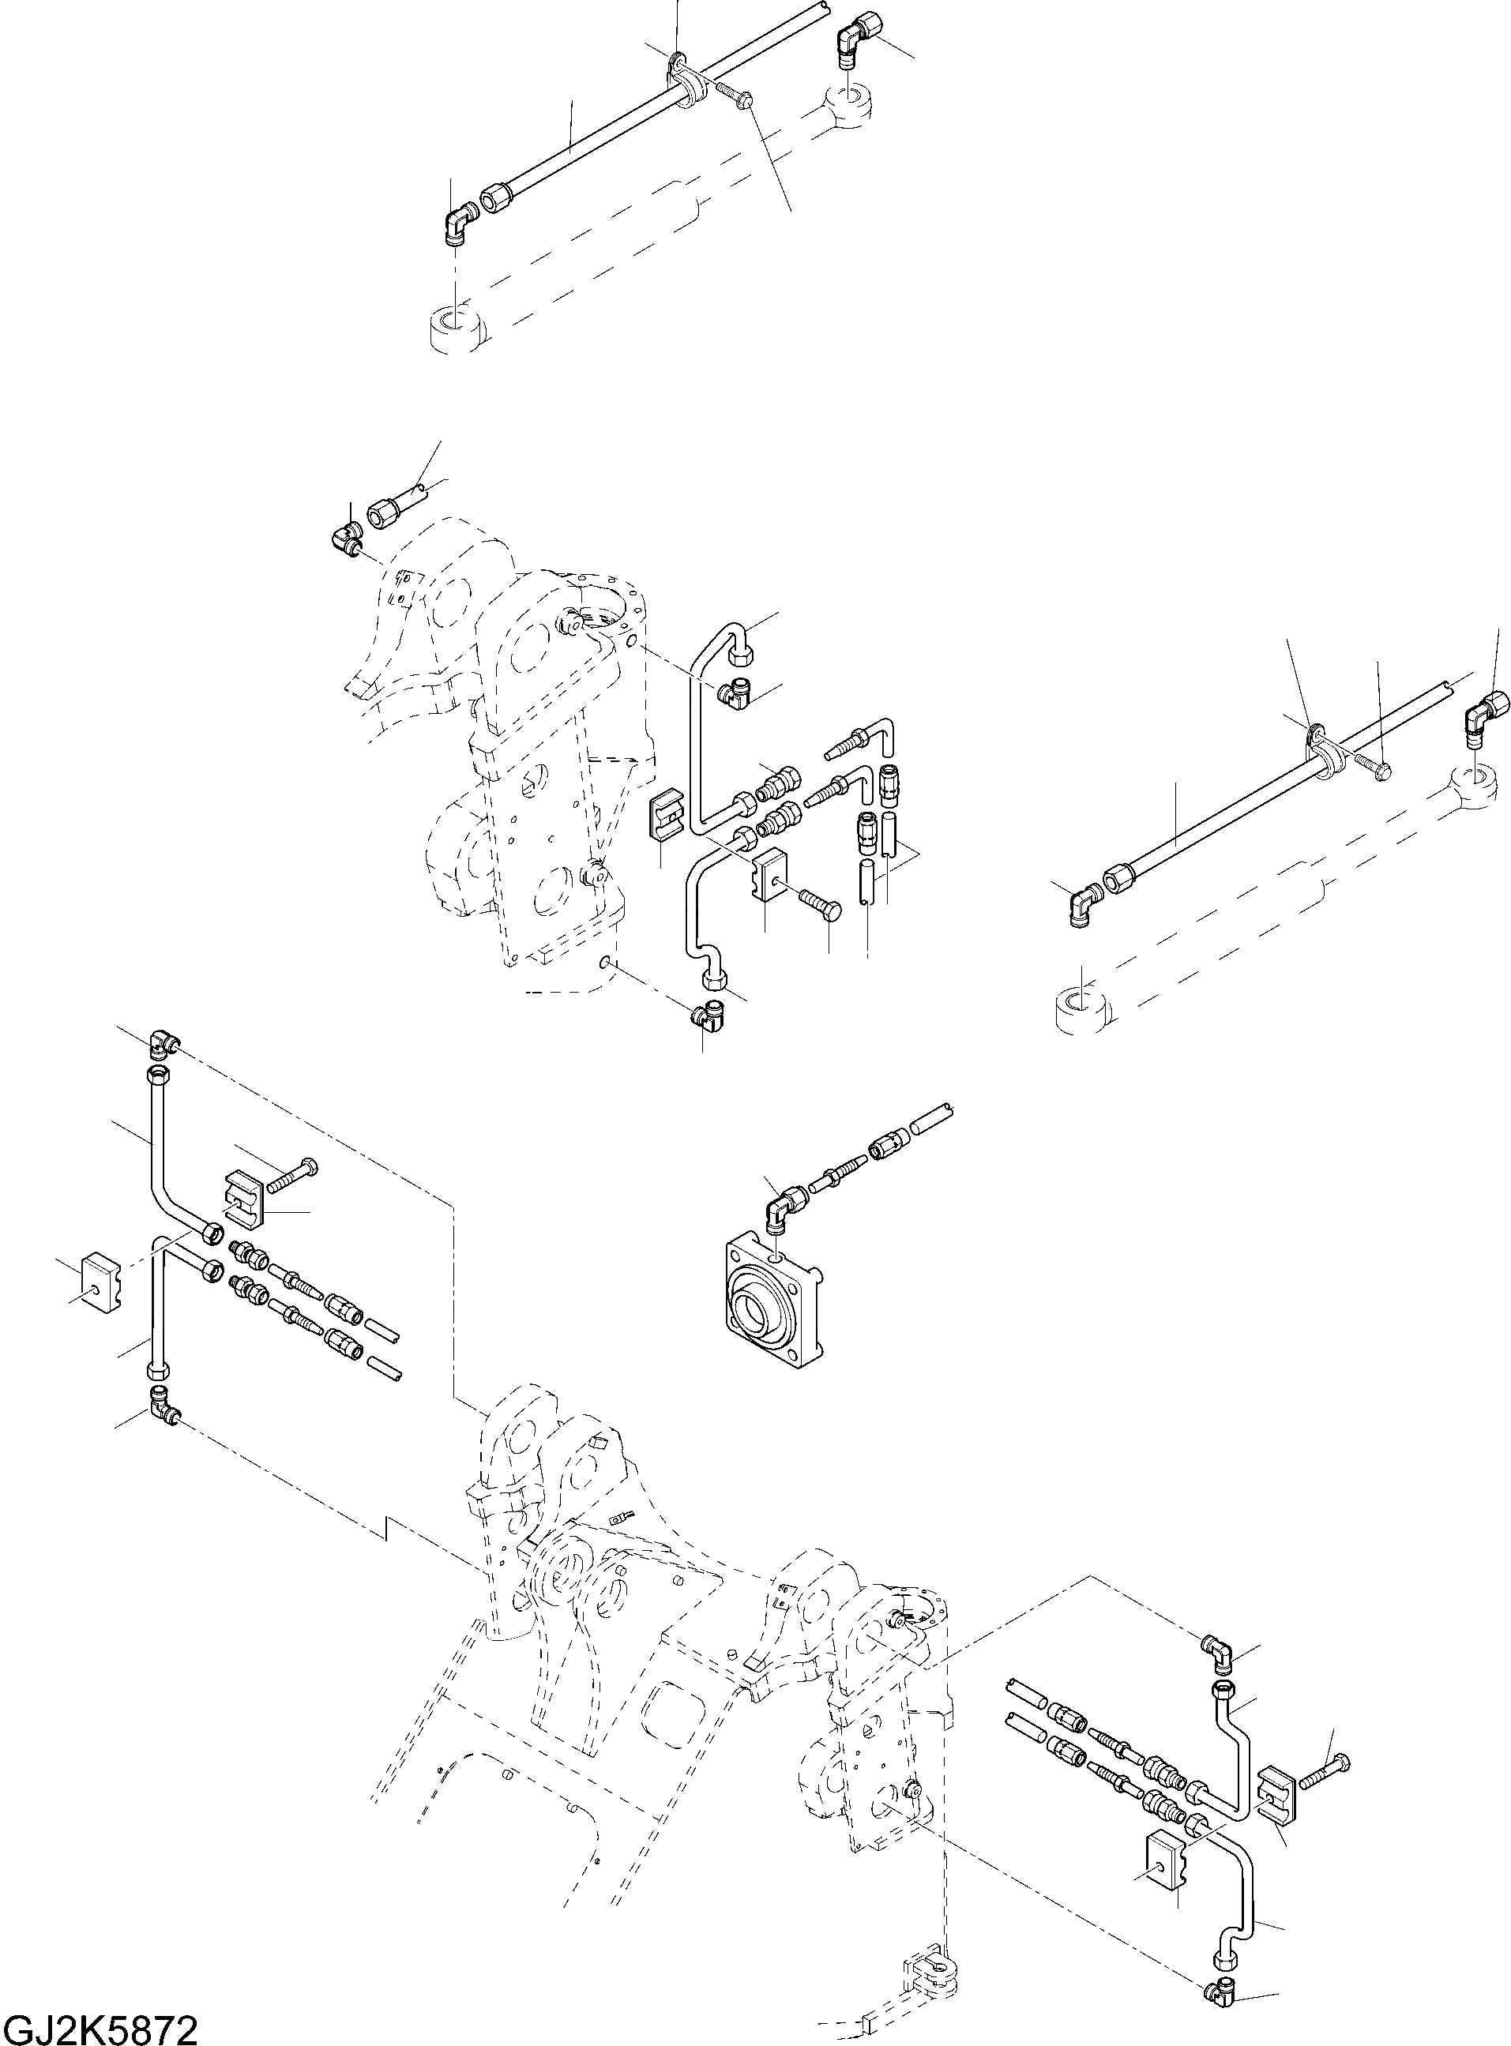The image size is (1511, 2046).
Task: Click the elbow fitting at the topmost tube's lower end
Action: coord(457,224)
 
